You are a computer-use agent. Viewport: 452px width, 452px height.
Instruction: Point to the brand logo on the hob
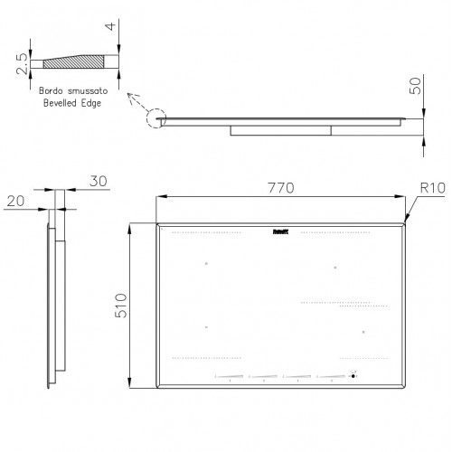point(280,231)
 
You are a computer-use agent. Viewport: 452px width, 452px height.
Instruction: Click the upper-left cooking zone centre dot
point(206,264)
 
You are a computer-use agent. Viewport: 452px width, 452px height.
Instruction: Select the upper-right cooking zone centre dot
point(335,267)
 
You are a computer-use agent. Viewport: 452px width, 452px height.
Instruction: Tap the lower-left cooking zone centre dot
point(206,326)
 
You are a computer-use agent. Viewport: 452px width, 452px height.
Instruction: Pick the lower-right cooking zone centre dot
point(362,333)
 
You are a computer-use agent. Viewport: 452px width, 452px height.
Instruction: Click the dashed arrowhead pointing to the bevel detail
point(130,96)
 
